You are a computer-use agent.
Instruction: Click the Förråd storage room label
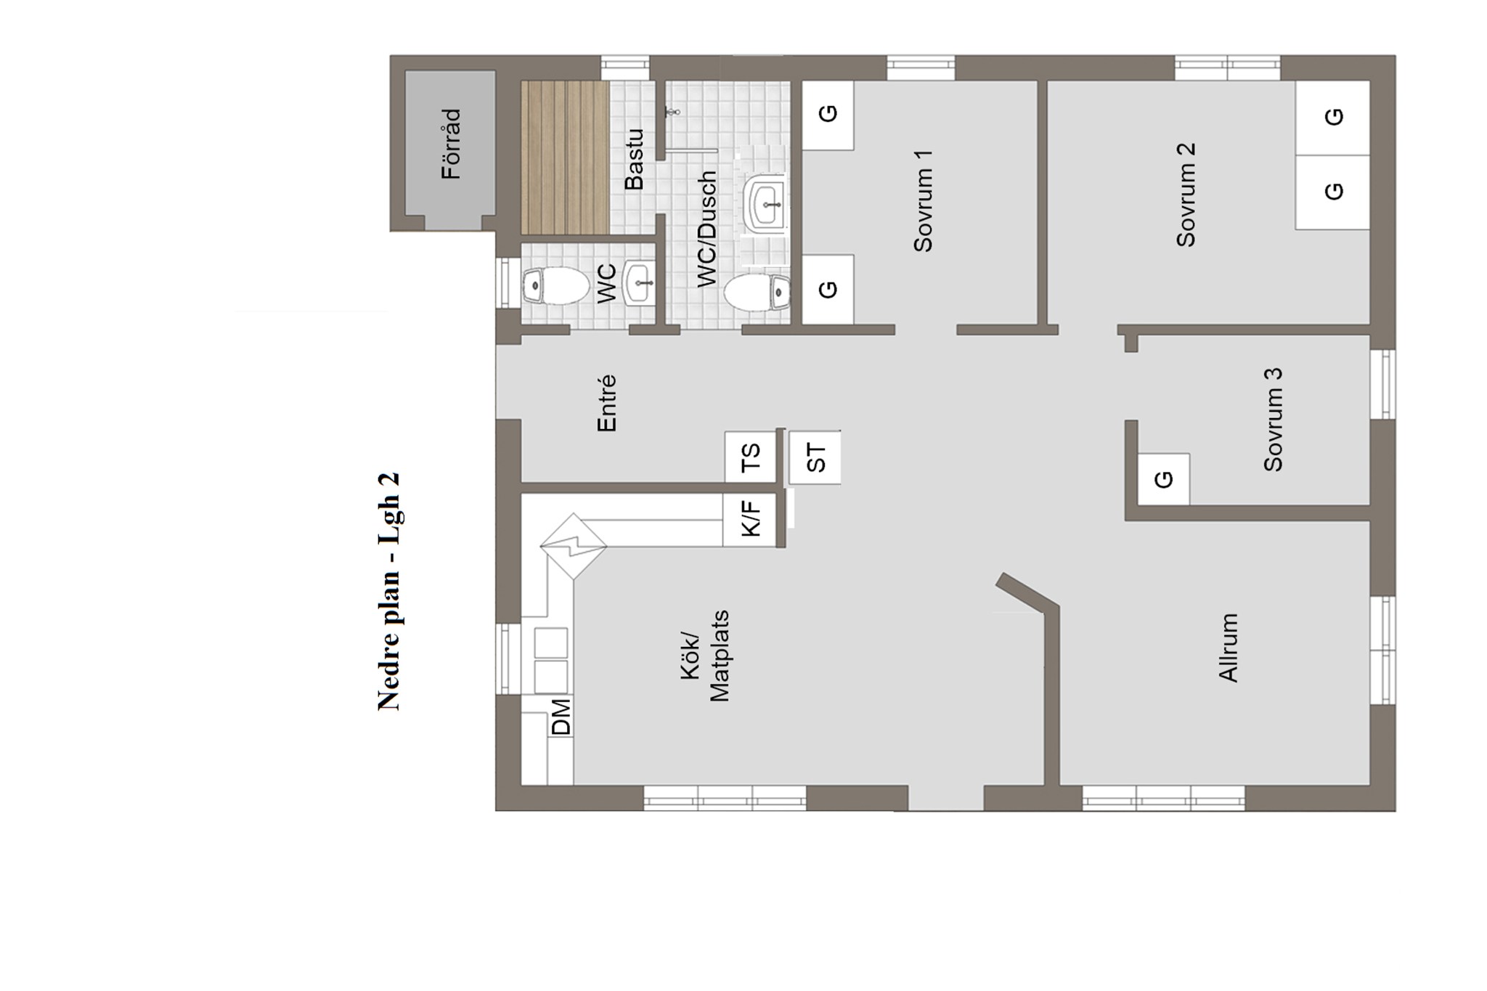452,144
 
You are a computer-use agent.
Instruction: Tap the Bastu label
634,160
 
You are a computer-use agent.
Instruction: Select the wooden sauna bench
565,158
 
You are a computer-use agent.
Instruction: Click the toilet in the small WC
555,286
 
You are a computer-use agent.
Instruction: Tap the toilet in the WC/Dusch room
757,293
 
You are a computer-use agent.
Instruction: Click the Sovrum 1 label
923,201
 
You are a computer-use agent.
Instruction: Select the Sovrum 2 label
1186,195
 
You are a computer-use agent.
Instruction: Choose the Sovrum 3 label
1273,420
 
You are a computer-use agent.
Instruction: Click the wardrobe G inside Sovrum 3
1164,479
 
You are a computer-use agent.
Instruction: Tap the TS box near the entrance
751,457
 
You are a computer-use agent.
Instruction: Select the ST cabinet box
815,457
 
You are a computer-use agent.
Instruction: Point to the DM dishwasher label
561,717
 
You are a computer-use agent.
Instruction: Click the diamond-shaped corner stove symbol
574,546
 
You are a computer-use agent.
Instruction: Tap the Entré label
606,403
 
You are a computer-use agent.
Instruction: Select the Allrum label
1228,648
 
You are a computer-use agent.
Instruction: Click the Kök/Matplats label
705,656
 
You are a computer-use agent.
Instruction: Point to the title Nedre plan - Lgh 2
388,592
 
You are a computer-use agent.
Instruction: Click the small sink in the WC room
640,282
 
